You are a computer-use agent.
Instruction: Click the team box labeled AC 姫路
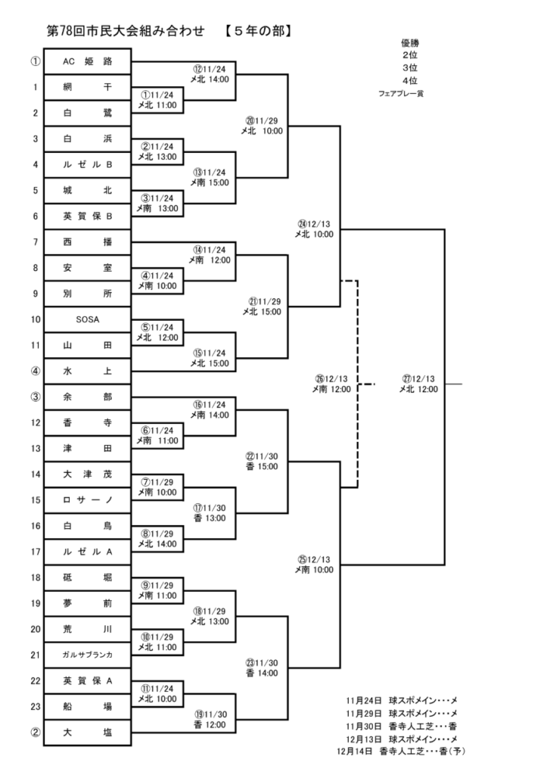click(88, 61)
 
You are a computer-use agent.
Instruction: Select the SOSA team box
click(88, 319)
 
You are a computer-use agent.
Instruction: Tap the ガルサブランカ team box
click(88, 655)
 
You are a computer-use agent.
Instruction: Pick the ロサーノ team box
click(88, 500)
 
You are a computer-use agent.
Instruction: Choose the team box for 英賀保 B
click(88, 216)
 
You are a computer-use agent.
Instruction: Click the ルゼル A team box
click(88, 552)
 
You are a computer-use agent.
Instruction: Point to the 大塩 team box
click(88, 733)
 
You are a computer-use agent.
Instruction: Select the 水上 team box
click(88, 371)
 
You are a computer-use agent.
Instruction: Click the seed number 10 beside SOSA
click(36, 319)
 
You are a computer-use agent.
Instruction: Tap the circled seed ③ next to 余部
click(36, 397)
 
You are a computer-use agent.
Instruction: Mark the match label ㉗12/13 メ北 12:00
click(418, 384)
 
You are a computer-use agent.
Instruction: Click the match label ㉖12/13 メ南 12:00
click(331, 384)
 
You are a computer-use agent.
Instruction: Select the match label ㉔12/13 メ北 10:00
click(315, 229)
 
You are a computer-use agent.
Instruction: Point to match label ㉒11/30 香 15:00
click(262, 462)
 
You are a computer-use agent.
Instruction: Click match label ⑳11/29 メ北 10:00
click(262, 126)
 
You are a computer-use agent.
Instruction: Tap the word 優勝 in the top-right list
click(410, 44)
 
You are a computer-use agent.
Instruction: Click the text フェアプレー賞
click(400, 93)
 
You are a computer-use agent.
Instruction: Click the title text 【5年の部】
click(258, 31)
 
